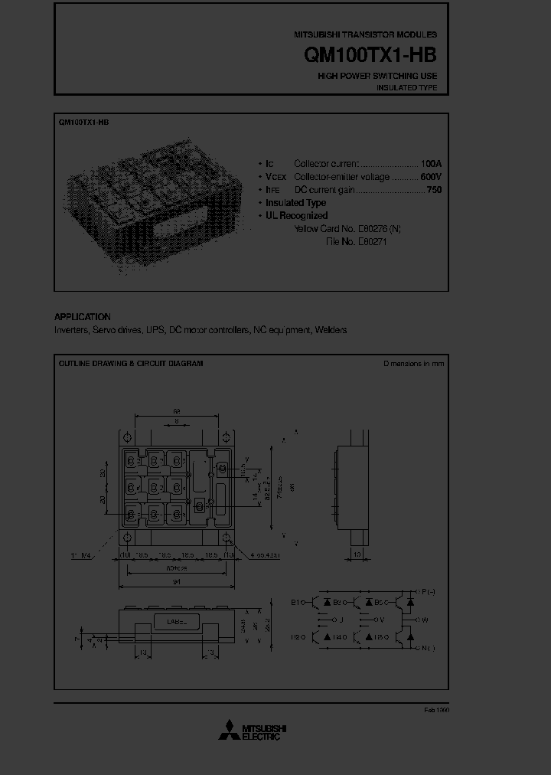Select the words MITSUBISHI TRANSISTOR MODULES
point(365,35)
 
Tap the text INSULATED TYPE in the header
point(406,88)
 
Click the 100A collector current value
point(431,164)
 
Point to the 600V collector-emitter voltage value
point(431,177)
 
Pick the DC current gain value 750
point(434,190)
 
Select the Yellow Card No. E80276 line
point(347,229)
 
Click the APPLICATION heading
point(82,317)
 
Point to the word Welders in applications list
point(331,330)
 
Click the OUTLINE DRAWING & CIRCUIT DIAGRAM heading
point(131,364)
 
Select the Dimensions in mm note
point(413,364)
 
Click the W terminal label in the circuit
point(425,620)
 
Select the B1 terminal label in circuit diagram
point(296,602)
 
